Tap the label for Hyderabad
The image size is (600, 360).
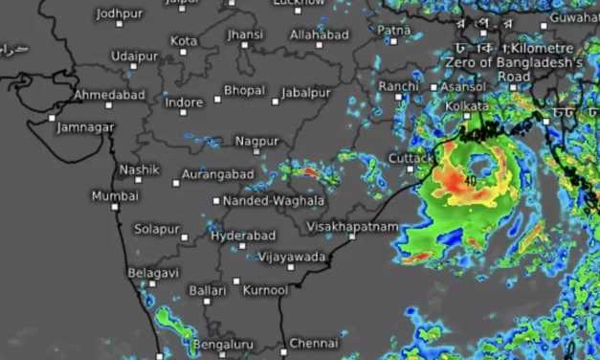coord(242,236)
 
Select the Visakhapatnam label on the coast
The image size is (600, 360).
coord(348,226)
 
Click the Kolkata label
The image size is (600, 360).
coord(466,105)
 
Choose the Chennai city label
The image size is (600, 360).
coord(313,343)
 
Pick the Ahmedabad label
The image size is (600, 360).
coord(112,95)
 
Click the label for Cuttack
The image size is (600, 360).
coord(412,158)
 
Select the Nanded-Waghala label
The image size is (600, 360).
coord(274,202)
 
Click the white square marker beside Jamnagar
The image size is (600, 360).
coord(53,118)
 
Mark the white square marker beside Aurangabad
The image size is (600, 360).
coord(176,182)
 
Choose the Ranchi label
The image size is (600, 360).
coord(398,86)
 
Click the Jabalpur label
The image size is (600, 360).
coord(305,93)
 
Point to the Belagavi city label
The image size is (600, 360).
coord(153,273)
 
